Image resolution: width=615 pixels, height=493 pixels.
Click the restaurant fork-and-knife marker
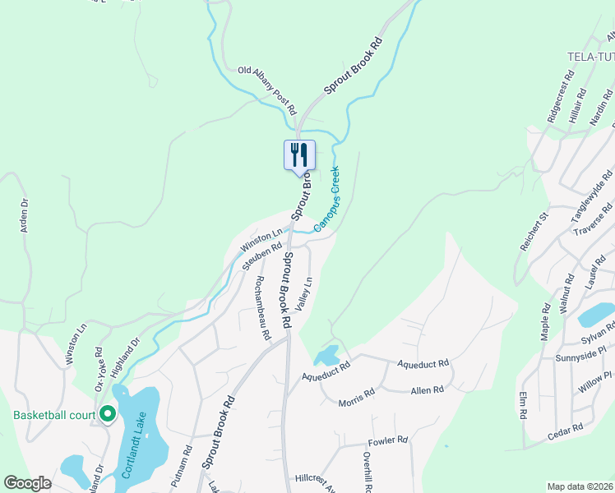(x=299, y=154)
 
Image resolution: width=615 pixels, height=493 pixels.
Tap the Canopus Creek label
(x=326, y=198)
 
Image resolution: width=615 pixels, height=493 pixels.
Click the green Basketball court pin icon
(x=107, y=413)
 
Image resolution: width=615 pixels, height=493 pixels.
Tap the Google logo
(x=28, y=483)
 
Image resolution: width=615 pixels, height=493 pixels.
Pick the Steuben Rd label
(x=262, y=256)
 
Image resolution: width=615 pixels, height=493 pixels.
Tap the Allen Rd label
(x=427, y=389)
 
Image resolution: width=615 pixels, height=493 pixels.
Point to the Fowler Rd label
(x=389, y=440)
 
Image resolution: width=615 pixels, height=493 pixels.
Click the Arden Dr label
(x=25, y=215)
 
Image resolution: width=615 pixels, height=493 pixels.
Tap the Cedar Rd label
(x=566, y=428)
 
